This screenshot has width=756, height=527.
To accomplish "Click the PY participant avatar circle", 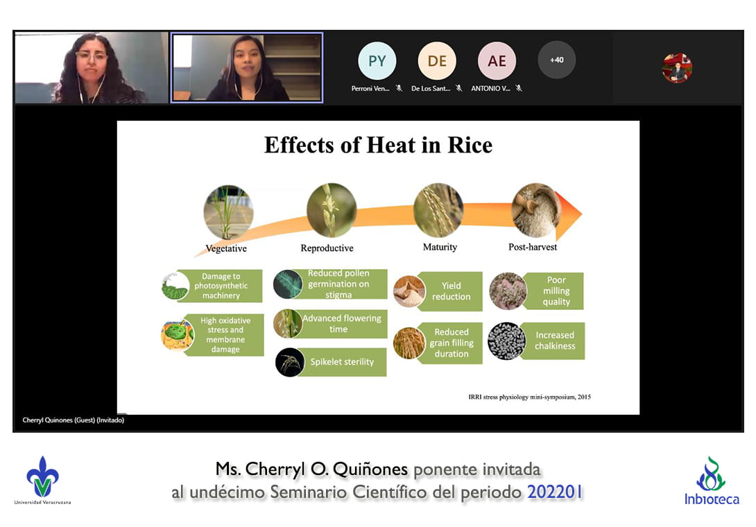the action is coord(377,61).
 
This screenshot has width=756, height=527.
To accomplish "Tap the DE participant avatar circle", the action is coord(437,61).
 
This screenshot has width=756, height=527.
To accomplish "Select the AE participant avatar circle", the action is coord(497,61).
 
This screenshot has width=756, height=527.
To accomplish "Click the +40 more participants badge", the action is coord(557,60).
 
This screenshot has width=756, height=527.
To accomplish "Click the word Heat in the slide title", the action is coord(390,145).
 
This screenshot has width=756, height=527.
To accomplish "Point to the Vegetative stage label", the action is coord(226,248).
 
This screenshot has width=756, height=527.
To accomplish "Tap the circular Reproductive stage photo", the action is coord(332,210).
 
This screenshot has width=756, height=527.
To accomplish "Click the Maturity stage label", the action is coord(440,247).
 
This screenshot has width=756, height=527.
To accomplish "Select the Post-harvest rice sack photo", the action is coord(536,210).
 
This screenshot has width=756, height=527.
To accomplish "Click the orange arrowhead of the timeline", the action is coord(569,215).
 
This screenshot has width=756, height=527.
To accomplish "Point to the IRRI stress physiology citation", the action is coord(529,397).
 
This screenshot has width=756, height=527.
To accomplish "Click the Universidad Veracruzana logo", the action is coord(42,481).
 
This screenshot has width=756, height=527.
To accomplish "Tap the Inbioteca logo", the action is coord(712,481).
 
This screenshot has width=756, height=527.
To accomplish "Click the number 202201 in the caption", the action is coord(555,492).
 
